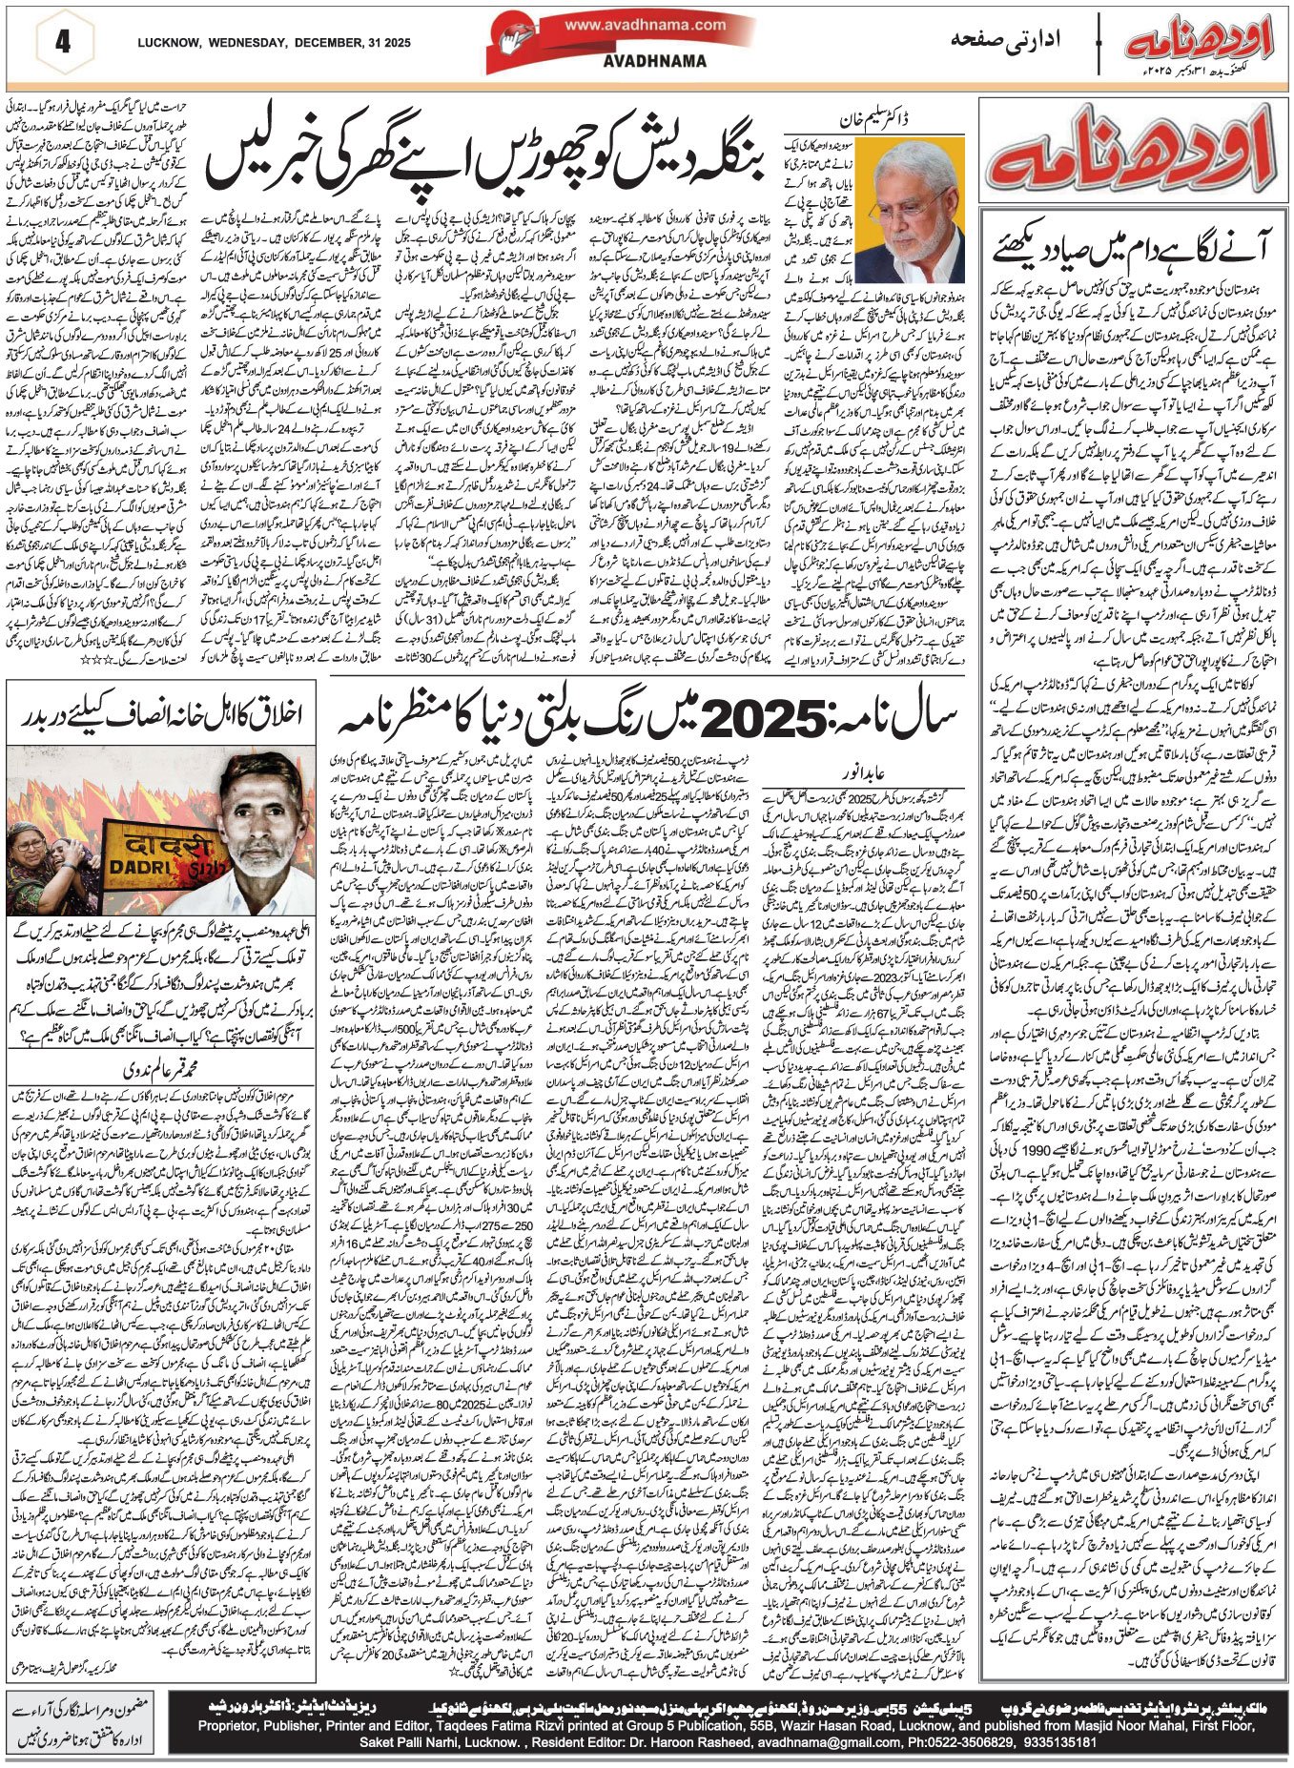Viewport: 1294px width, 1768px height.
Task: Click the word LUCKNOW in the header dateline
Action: pyautogui.click(x=169, y=43)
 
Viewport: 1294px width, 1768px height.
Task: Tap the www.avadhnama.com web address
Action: pyautogui.click(x=645, y=26)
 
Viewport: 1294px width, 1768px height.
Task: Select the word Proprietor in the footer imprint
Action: pyautogui.click(x=232, y=1725)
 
